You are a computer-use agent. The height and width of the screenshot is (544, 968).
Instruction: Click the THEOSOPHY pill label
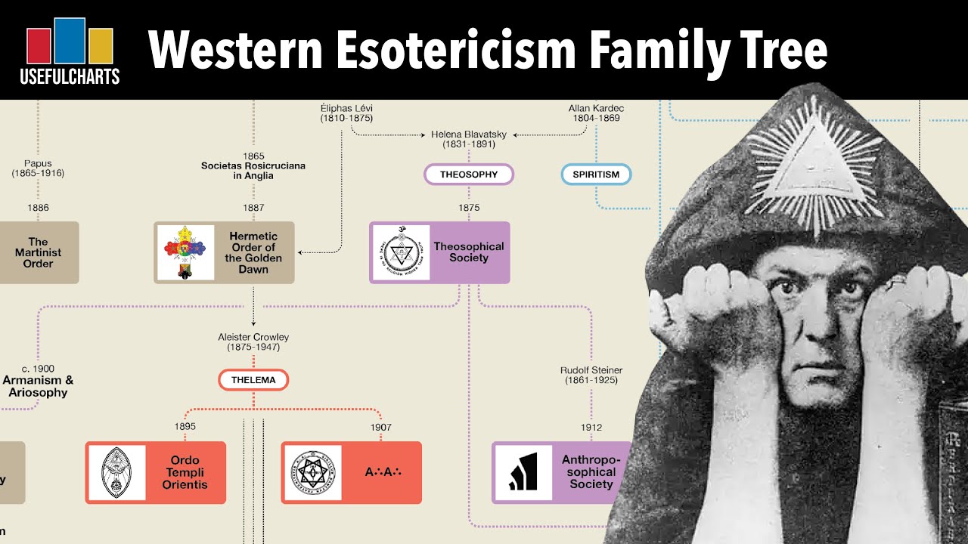(x=469, y=175)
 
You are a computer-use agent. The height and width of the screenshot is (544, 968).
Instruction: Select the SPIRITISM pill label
(x=596, y=175)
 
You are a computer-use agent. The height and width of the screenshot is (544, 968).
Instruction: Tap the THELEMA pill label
(x=253, y=380)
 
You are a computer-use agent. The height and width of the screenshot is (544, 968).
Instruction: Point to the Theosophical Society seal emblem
(x=401, y=252)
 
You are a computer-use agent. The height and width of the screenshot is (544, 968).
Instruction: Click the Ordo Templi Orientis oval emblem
(x=117, y=472)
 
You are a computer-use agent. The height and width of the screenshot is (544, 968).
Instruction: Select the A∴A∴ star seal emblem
(x=312, y=472)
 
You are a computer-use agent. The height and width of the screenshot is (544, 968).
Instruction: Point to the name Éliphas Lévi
(x=346, y=109)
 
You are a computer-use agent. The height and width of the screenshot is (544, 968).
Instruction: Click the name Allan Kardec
(x=596, y=109)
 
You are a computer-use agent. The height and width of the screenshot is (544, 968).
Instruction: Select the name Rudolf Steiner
(x=591, y=370)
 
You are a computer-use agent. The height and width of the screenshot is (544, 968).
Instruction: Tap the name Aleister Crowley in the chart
(x=253, y=337)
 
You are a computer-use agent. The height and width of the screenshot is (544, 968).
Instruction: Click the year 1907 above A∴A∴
(x=381, y=428)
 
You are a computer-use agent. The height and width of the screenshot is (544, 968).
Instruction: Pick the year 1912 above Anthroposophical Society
(x=591, y=428)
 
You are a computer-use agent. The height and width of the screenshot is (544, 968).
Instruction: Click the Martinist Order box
(x=39, y=252)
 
